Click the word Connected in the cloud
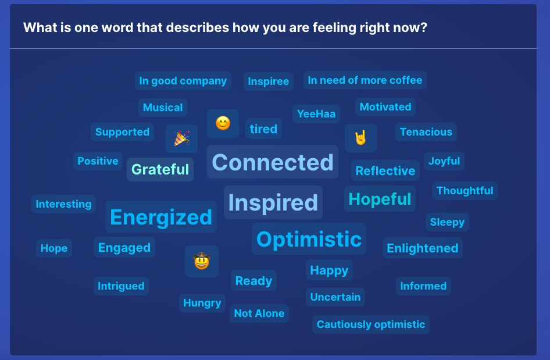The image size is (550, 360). pyautogui.click(x=273, y=162)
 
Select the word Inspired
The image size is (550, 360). pyautogui.click(x=273, y=202)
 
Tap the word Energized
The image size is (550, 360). pyautogui.click(x=161, y=217)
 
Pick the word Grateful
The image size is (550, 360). pyautogui.click(x=160, y=169)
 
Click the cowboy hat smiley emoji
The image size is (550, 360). pyautogui.click(x=202, y=261)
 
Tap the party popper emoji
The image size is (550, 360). pyautogui.click(x=182, y=138)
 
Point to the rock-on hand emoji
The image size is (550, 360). pyautogui.click(x=360, y=137)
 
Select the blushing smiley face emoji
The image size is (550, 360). pyautogui.click(x=223, y=123)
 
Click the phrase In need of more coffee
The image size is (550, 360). pyautogui.click(x=365, y=80)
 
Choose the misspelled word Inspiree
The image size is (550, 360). pyautogui.click(x=269, y=81)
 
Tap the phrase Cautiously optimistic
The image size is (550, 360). pyautogui.click(x=371, y=325)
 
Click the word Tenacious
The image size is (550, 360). pyautogui.click(x=426, y=132)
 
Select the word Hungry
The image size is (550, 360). pyautogui.click(x=202, y=303)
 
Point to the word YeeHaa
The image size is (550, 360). pyautogui.click(x=316, y=113)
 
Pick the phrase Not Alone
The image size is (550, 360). pyautogui.click(x=259, y=313)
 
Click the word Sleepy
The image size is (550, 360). pyautogui.click(x=447, y=222)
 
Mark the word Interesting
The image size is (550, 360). pyautogui.click(x=63, y=204)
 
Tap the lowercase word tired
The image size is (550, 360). pyautogui.click(x=263, y=129)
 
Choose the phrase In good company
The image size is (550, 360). pyautogui.click(x=183, y=81)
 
